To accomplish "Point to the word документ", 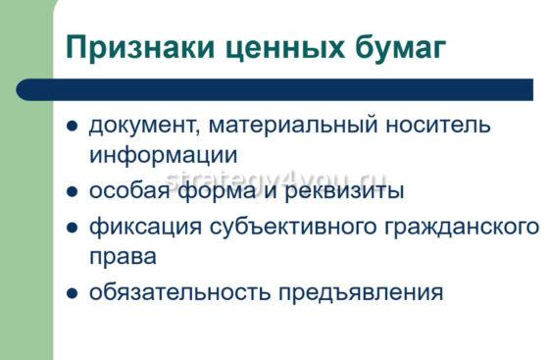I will [139, 127].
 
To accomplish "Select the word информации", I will [163, 156].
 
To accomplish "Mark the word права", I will [122, 257].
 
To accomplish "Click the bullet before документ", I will [72, 128].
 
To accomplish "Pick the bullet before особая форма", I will [72, 190].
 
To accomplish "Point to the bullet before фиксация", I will [72, 228].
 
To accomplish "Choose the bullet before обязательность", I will [72, 292].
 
